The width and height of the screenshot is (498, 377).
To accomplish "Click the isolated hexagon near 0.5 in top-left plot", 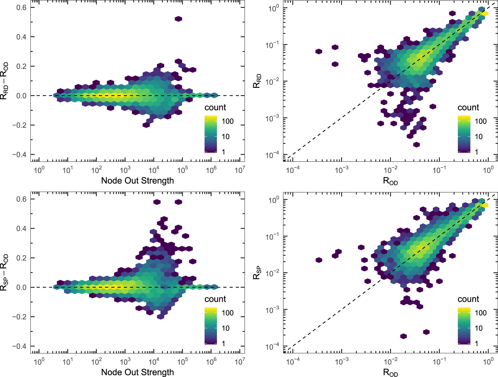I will [x=178, y=19].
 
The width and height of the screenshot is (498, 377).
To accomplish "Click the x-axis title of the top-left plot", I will [x=137, y=181].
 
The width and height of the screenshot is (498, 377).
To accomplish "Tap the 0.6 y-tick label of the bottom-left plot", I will [x=21, y=199].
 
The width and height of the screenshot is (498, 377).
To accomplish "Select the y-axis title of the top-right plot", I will [x=257, y=81].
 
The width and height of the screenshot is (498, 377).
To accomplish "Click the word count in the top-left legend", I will [x=215, y=107].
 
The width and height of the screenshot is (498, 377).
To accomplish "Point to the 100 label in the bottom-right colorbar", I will [x=480, y=313].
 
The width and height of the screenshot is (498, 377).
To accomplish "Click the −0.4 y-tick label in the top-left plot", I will [x=19, y=155].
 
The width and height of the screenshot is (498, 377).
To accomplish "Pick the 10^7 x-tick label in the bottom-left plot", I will [x=240, y=362].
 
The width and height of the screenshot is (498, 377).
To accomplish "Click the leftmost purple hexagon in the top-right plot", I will [x=319, y=52].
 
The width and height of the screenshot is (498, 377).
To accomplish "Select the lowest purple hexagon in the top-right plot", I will [x=417, y=145].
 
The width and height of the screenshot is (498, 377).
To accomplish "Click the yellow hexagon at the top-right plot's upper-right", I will [x=485, y=13].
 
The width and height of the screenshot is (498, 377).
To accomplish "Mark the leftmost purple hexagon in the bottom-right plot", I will [x=319, y=260].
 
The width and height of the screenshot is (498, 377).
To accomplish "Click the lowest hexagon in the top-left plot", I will [x=146, y=125].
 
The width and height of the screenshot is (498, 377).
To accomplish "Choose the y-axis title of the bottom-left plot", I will [x=4, y=273].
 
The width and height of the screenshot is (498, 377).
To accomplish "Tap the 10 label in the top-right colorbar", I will [x=478, y=136].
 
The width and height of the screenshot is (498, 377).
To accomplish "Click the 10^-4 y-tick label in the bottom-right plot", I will [x=272, y=347].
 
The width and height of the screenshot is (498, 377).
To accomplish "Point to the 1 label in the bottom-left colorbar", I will [x=223, y=343].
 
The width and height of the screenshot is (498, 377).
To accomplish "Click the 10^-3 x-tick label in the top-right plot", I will [x=341, y=170].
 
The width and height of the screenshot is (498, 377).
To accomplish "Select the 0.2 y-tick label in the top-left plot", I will [x=21, y=66].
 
